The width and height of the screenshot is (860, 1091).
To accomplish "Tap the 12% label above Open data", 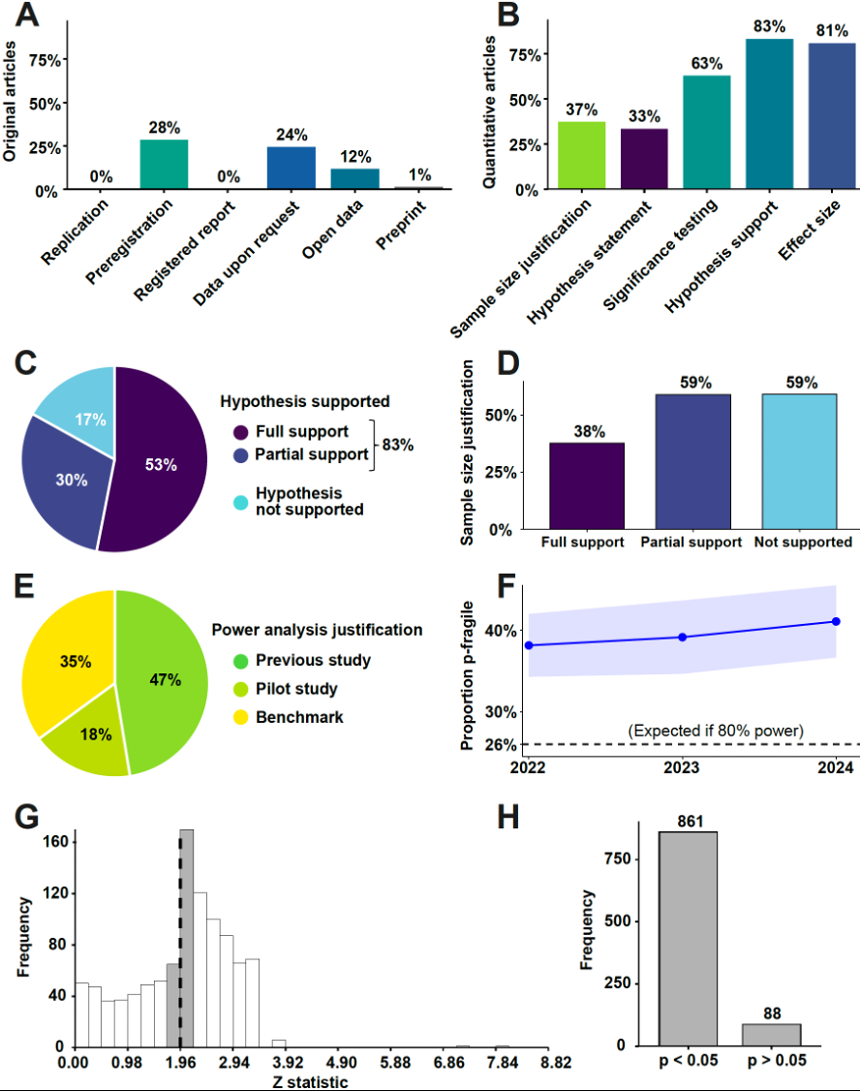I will tap(354, 155).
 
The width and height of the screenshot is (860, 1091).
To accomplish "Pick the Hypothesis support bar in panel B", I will tap(769, 114).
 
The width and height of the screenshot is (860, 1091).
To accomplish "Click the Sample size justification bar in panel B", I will tap(581, 155).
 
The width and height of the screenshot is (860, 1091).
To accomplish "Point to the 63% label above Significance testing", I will tap(706, 63).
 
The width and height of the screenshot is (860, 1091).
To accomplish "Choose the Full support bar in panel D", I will tap(586, 485).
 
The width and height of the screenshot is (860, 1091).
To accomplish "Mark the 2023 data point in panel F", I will tap(683, 637).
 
